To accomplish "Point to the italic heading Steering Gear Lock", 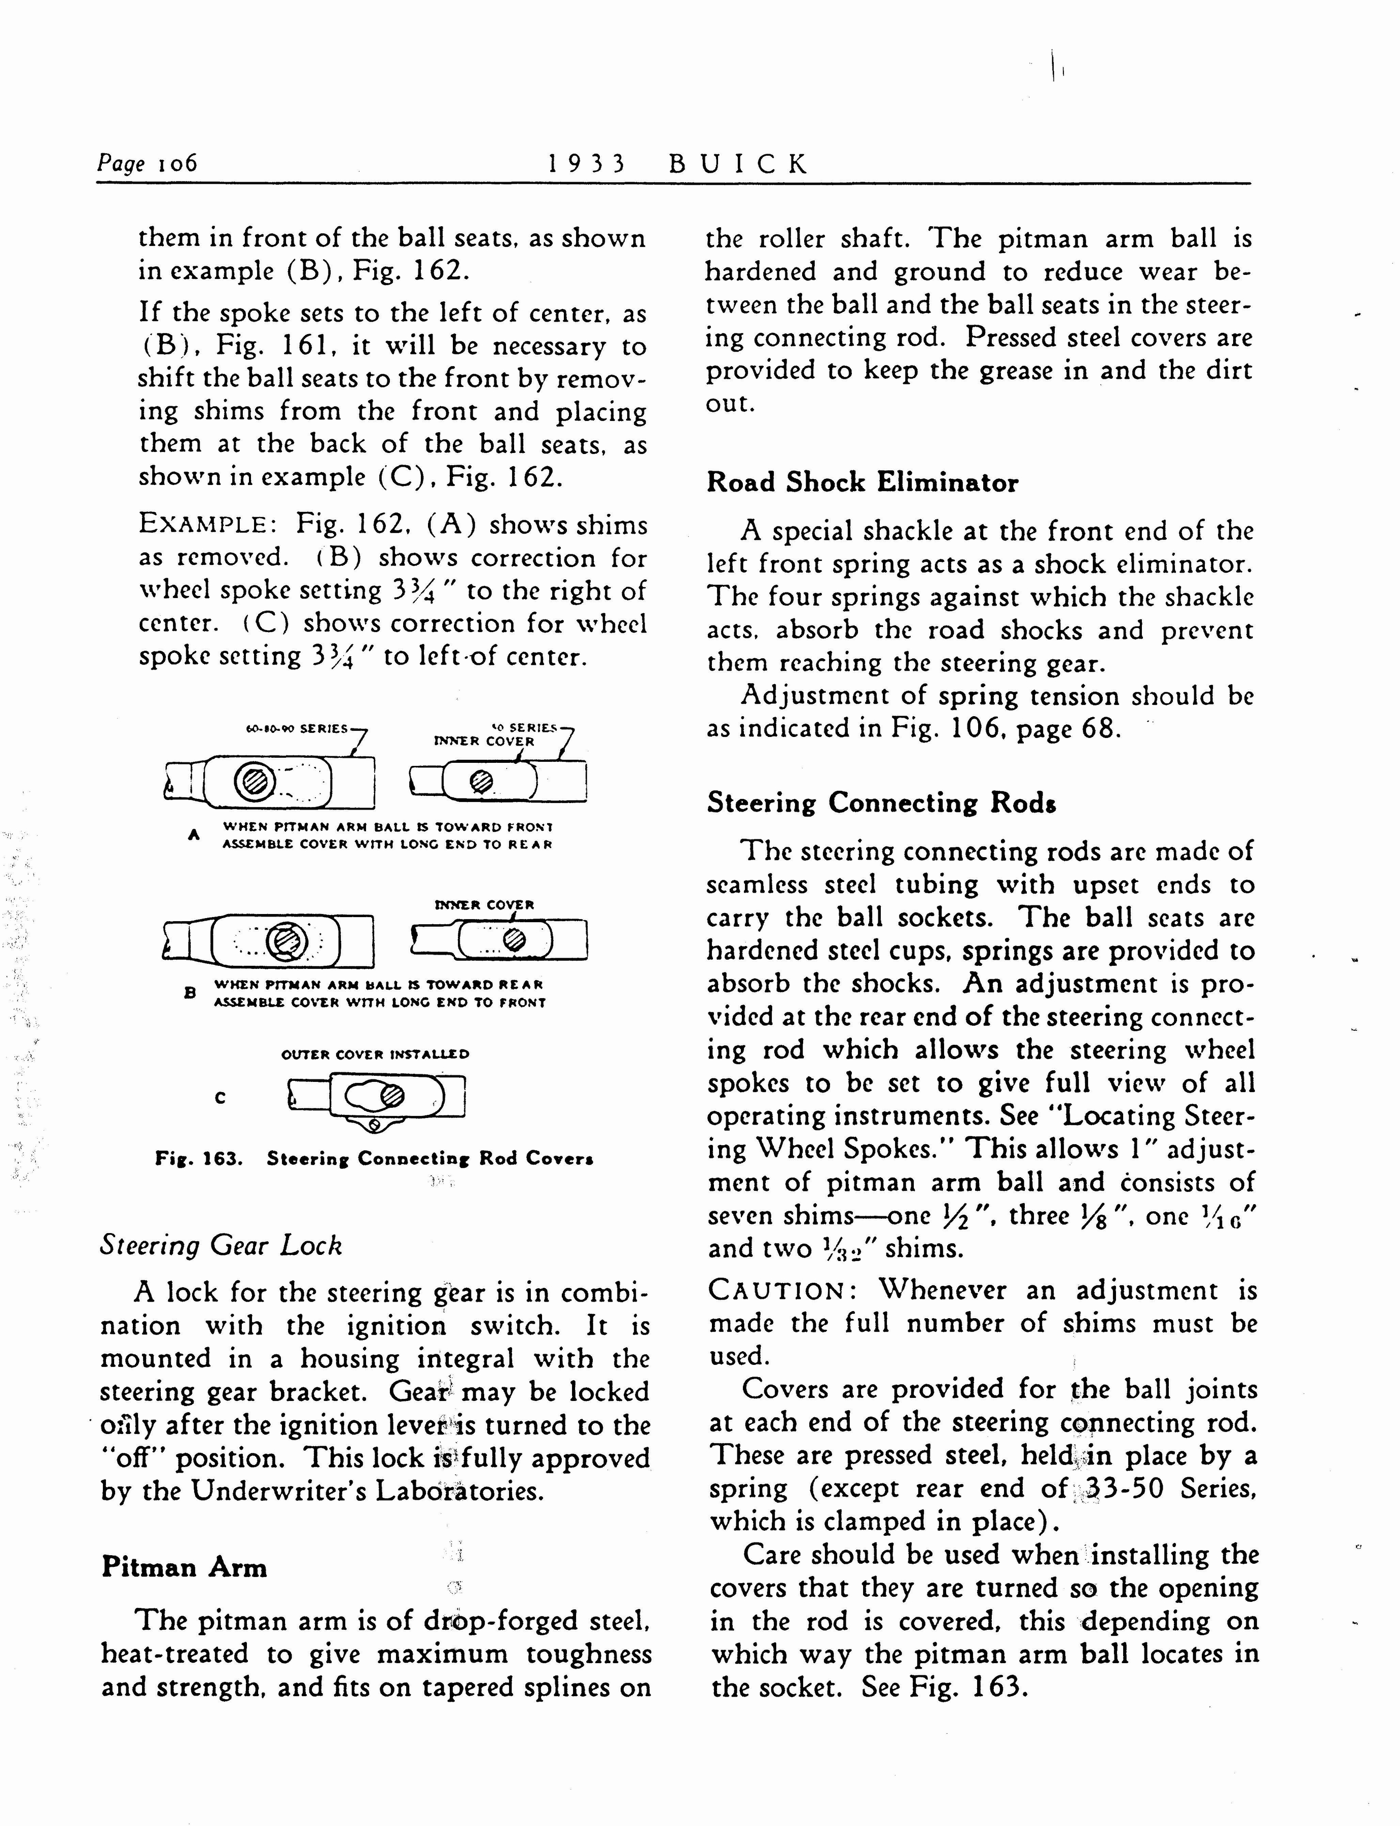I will (x=221, y=1245).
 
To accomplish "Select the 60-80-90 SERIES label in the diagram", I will (x=298, y=728).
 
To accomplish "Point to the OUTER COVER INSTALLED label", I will (x=375, y=1055).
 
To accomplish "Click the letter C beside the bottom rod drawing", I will (x=220, y=1098).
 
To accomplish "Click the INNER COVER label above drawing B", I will (x=484, y=904).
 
